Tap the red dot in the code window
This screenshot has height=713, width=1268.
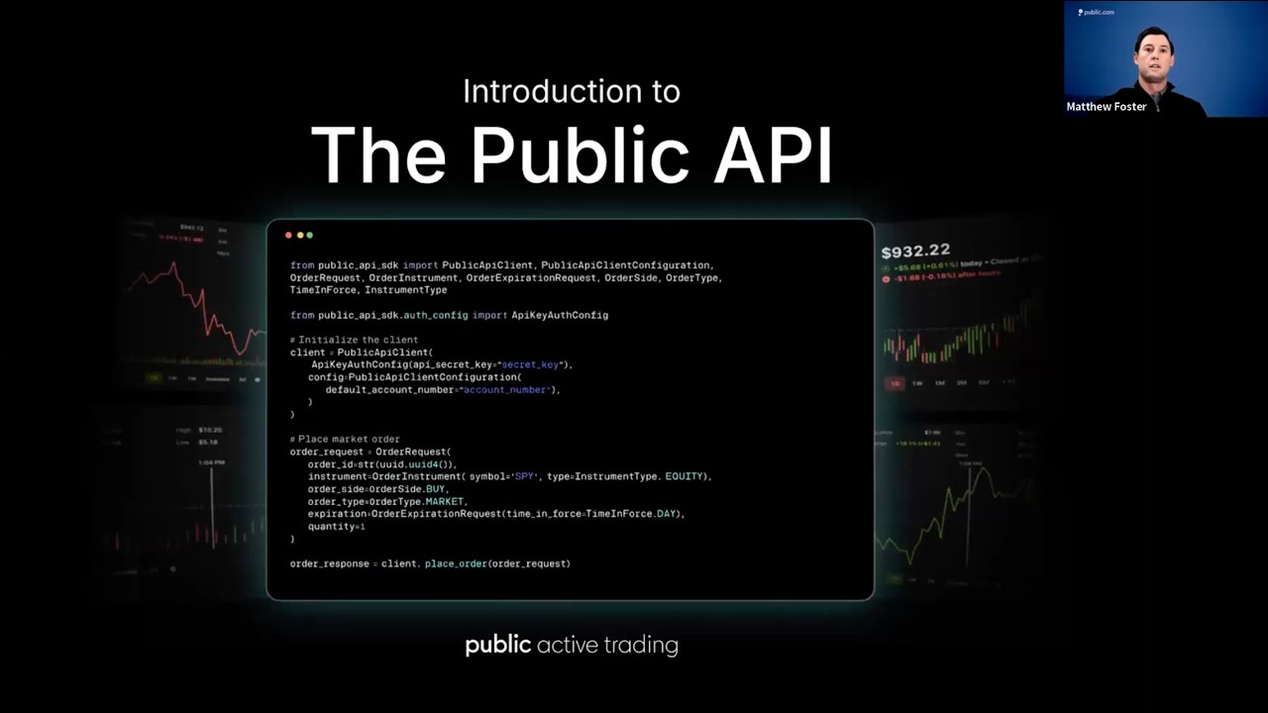coord(288,236)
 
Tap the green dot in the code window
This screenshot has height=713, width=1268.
coord(310,236)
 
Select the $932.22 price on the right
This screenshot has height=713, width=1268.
coord(915,250)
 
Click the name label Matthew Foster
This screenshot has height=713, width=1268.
coord(1107,107)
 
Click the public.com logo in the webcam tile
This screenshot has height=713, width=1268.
coord(1097,12)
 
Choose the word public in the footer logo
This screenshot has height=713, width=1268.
coord(498,646)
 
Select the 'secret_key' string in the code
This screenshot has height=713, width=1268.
coord(532,364)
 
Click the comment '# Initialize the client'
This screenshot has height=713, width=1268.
coord(354,340)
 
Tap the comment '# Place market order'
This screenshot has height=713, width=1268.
coord(345,440)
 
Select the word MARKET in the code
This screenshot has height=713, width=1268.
coord(444,501)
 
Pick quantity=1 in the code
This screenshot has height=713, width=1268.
coord(337,527)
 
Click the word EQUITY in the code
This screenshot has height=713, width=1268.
coord(684,476)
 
